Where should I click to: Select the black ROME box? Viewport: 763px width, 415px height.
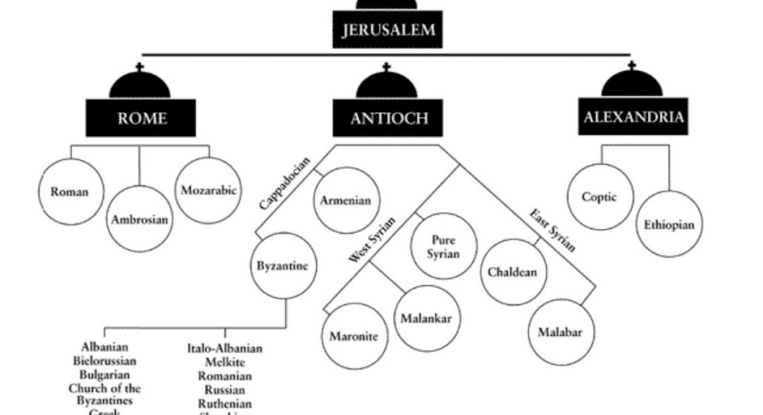(x=141, y=118)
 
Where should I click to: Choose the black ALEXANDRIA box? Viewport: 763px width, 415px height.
(x=633, y=117)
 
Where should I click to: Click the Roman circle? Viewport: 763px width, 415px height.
(x=69, y=191)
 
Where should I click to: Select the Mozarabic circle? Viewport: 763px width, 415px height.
(x=208, y=190)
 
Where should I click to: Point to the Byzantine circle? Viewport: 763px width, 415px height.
(x=282, y=266)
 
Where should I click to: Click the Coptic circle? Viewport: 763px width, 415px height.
(x=599, y=197)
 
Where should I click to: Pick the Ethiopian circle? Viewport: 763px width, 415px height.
(x=669, y=224)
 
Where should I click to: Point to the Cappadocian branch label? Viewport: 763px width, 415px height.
(x=284, y=183)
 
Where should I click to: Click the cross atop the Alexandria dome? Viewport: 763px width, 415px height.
(x=632, y=66)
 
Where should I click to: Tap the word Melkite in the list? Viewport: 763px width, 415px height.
(x=225, y=362)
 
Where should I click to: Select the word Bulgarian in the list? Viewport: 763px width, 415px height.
(x=104, y=374)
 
